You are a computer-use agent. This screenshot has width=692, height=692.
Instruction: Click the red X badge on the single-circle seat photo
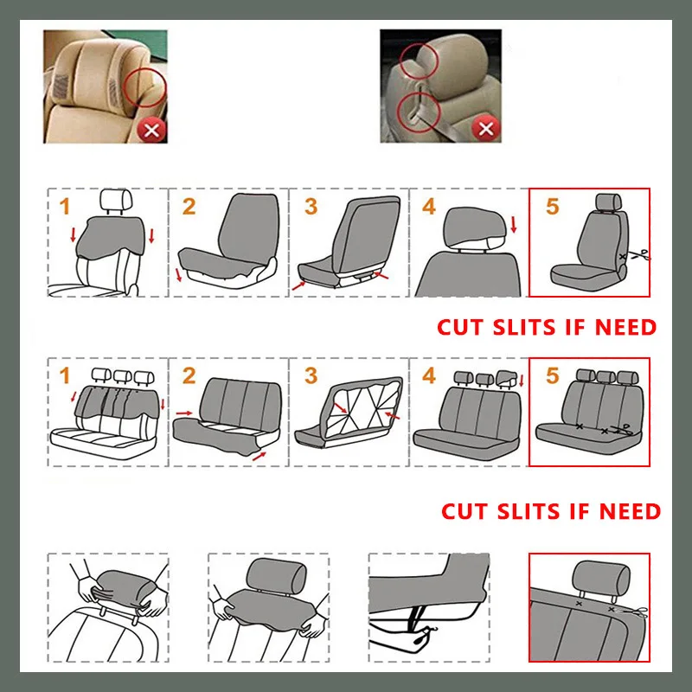tap(152, 130)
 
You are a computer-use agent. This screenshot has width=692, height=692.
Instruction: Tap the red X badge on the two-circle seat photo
tap(486, 130)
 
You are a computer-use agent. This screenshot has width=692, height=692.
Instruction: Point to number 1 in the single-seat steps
tap(63, 207)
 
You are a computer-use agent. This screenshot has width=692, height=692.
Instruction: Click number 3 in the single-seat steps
tap(311, 207)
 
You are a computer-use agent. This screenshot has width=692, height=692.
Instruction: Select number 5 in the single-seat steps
tap(554, 207)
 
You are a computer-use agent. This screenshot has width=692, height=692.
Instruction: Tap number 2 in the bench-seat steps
tap(189, 375)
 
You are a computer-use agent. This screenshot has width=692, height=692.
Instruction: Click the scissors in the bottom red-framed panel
tap(638, 612)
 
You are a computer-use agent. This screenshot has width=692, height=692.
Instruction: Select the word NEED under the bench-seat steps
tap(627, 511)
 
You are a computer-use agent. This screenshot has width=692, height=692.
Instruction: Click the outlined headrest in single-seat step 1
tap(115, 201)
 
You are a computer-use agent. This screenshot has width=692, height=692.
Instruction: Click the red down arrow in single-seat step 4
tap(514, 226)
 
